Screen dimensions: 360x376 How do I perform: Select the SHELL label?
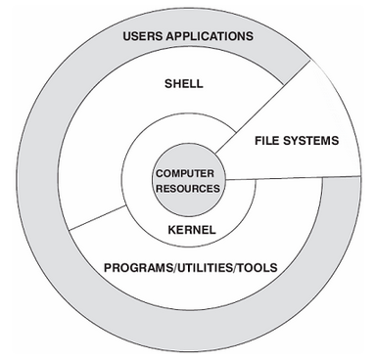(183, 84)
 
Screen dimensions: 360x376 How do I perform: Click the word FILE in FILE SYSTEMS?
(271, 141)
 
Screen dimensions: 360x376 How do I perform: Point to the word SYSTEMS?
(313, 141)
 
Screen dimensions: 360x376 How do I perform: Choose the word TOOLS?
(258, 266)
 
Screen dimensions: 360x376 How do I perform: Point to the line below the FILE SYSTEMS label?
(294, 176)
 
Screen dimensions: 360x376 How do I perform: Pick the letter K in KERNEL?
(168, 230)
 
